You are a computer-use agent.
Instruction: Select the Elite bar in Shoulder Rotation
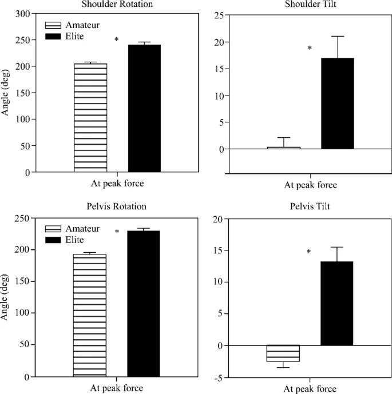coord(144,108)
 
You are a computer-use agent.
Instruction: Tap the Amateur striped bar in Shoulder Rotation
coord(90,117)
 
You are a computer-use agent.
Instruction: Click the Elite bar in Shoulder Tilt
coord(338,104)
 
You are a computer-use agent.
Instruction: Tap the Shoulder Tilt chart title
coord(310,4)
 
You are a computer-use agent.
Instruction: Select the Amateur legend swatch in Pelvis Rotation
coord(55,229)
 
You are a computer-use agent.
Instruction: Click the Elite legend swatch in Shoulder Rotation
coord(55,37)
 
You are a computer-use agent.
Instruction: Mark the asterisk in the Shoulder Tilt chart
coord(310,49)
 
